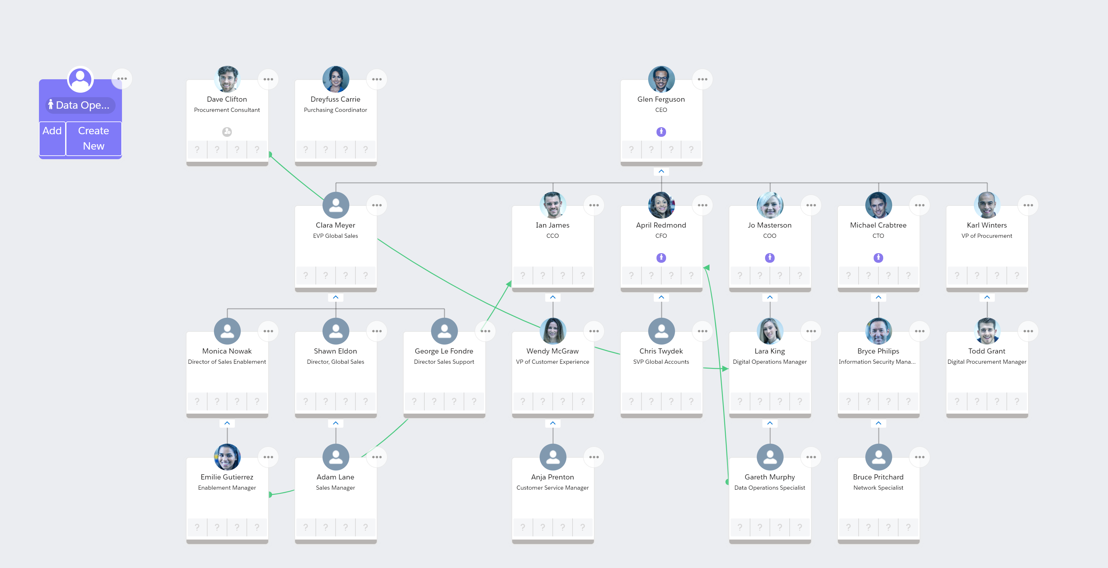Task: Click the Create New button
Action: click(x=93, y=138)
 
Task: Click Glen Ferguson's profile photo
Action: click(x=661, y=79)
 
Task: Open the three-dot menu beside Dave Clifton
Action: click(x=268, y=79)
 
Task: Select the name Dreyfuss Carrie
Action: click(x=336, y=99)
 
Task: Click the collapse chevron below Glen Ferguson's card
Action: click(x=661, y=171)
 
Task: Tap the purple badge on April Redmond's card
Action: click(x=661, y=258)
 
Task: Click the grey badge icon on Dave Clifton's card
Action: click(x=227, y=132)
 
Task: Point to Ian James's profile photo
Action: click(x=553, y=205)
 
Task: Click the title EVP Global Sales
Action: click(x=336, y=236)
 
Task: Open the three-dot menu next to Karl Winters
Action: click(x=1028, y=205)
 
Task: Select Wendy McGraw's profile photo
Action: click(x=553, y=331)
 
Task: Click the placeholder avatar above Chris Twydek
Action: click(x=661, y=331)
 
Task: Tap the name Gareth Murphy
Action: click(x=770, y=477)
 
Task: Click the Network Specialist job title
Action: click(x=878, y=488)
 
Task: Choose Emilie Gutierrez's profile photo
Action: click(x=227, y=457)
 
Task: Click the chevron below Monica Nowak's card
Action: click(x=227, y=423)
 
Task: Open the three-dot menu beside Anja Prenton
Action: click(x=594, y=457)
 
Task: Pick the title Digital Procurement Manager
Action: click(x=987, y=362)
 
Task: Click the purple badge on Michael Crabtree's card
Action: click(x=878, y=258)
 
